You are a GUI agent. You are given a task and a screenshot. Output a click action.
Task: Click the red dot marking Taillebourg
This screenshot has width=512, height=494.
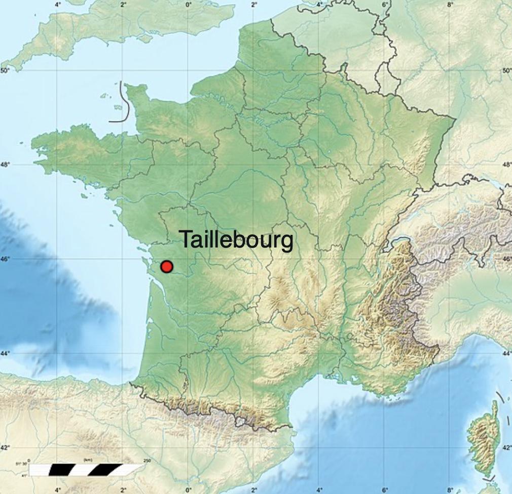click(x=166, y=266)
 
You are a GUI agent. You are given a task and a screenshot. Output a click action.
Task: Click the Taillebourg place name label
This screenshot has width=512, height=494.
click(x=236, y=239)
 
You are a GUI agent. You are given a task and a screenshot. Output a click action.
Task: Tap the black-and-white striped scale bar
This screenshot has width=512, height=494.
click(x=86, y=470)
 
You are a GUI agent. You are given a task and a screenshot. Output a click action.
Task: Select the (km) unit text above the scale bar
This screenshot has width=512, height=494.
click(x=88, y=460)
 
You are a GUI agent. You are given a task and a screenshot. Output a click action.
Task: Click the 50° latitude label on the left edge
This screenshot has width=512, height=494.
click(x=5, y=70)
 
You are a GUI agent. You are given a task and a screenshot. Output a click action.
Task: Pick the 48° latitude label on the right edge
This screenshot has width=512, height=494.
click(x=507, y=164)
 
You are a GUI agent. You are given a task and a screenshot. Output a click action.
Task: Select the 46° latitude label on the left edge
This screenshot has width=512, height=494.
click(x=5, y=259)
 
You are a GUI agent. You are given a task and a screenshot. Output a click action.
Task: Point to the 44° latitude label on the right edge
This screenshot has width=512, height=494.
click(x=507, y=353)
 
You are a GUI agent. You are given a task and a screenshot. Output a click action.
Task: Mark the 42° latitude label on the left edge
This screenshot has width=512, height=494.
click(x=5, y=447)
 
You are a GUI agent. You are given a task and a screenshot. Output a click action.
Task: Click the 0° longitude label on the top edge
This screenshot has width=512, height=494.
click(x=189, y=4)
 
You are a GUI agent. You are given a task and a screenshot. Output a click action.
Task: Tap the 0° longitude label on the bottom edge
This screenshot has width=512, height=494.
click(x=189, y=489)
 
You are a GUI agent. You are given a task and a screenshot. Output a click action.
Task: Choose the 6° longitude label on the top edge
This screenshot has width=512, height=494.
click(x=385, y=4)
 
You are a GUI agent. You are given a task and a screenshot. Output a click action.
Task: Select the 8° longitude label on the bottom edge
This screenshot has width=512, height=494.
click(x=450, y=489)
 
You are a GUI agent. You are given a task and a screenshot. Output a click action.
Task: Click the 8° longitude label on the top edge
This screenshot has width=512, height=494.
click(x=450, y=4)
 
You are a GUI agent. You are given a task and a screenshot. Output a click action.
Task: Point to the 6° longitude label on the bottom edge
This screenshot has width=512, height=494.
click(x=385, y=489)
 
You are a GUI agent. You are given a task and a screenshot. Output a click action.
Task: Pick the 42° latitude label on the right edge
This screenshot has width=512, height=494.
click(x=507, y=447)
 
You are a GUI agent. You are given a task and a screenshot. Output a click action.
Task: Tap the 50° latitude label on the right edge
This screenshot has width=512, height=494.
click(x=507, y=70)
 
